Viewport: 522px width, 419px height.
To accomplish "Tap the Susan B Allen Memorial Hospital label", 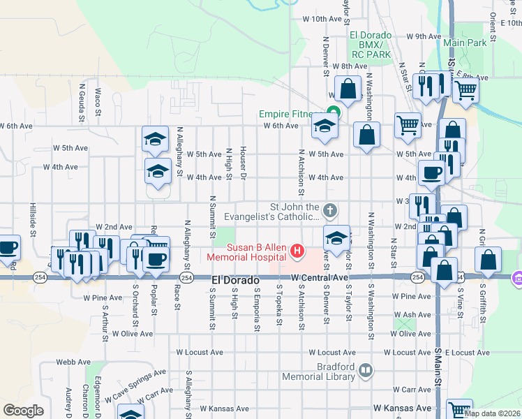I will tap(255, 252).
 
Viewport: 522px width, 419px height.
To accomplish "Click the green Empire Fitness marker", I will tap(332, 115).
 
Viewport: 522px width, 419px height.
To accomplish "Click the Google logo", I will tap(23, 410).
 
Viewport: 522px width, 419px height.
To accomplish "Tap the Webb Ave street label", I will tap(75, 362).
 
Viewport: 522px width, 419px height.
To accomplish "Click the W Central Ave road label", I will tap(320, 278).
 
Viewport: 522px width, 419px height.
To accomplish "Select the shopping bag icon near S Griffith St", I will tap(488, 260).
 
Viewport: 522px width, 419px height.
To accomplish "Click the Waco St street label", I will tap(98, 101).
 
